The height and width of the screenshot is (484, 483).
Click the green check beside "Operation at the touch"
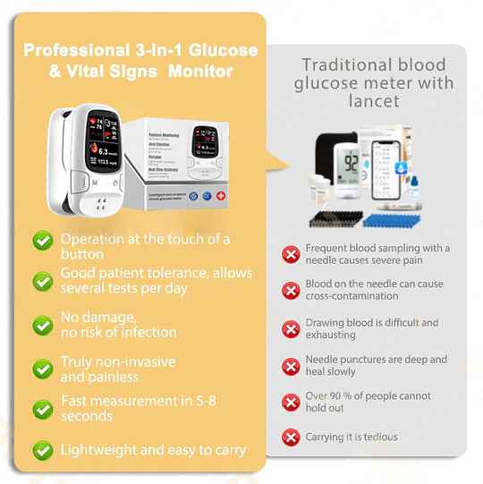[42, 241]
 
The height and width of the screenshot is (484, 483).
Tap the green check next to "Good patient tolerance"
[42, 281]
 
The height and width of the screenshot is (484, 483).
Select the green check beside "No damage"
[42, 325]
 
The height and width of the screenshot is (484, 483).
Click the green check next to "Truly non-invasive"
[42, 369]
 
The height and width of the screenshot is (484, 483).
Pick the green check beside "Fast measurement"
[42, 409]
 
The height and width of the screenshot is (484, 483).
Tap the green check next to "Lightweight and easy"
[42, 450]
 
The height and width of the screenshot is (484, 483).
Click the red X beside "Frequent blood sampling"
[291, 254]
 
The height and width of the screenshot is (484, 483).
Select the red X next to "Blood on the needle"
[291, 291]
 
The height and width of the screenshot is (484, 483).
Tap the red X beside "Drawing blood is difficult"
[291, 328]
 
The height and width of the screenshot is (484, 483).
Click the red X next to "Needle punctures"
[291, 365]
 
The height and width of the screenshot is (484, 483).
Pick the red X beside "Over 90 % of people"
[291, 402]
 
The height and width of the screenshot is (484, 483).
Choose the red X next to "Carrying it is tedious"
[291, 437]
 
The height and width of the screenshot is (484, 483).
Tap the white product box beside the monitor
[185, 162]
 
